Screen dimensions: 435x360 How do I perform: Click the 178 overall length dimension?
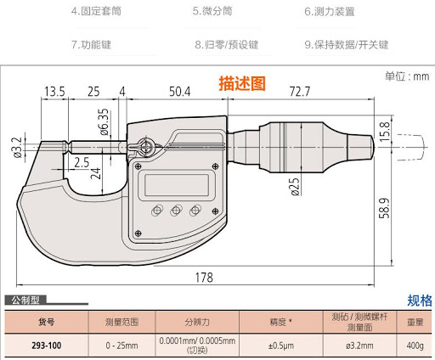[x=204, y=278]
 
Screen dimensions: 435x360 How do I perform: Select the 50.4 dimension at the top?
[x=180, y=92]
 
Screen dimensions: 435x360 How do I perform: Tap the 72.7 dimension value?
[x=300, y=92]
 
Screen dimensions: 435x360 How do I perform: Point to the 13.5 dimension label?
[x=54, y=92]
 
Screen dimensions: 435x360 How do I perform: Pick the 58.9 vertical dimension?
[x=384, y=208]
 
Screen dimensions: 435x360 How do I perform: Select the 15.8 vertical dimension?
[x=384, y=132]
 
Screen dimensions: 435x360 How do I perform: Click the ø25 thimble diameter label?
[x=295, y=187]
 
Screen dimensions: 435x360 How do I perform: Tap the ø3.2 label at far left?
[x=17, y=147]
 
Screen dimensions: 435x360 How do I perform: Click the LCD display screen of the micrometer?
[x=177, y=185]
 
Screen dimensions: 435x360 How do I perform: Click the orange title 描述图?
[x=242, y=83]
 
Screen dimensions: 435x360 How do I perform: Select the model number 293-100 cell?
[x=47, y=346]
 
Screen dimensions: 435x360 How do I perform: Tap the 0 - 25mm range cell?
[x=121, y=346]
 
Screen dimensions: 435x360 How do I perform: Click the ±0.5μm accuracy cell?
[x=281, y=346]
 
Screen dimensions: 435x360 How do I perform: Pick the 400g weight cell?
[x=415, y=346]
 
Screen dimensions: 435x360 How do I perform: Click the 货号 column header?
[x=47, y=322]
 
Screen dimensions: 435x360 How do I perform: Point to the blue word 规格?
[x=420, y=301]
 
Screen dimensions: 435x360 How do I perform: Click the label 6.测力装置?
[x=330, y=11]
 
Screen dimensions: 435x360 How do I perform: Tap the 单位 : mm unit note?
[x=407, y=76]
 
